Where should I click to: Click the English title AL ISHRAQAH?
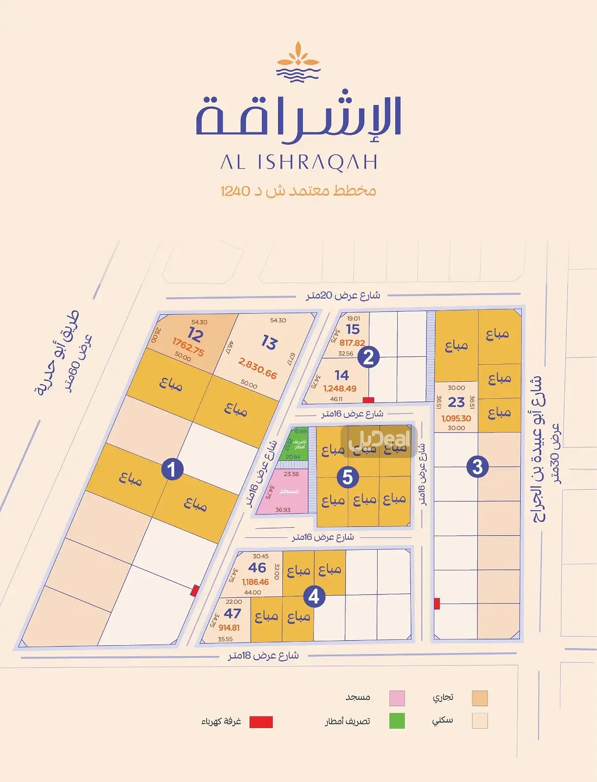298,162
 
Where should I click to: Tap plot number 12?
195,335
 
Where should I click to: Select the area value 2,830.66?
257,368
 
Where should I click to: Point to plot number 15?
353,329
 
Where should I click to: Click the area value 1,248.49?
340,389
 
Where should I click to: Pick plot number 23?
456,402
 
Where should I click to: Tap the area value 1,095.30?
456,418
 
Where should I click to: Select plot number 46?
257,567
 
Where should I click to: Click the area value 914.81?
229,628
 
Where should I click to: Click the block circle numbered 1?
171,470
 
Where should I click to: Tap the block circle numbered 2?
368,357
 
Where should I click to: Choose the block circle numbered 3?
477,466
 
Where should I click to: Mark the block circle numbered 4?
314,596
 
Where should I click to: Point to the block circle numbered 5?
347,477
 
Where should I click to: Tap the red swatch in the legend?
261,722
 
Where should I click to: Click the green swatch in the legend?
397,721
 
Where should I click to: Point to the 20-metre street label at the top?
343,295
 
